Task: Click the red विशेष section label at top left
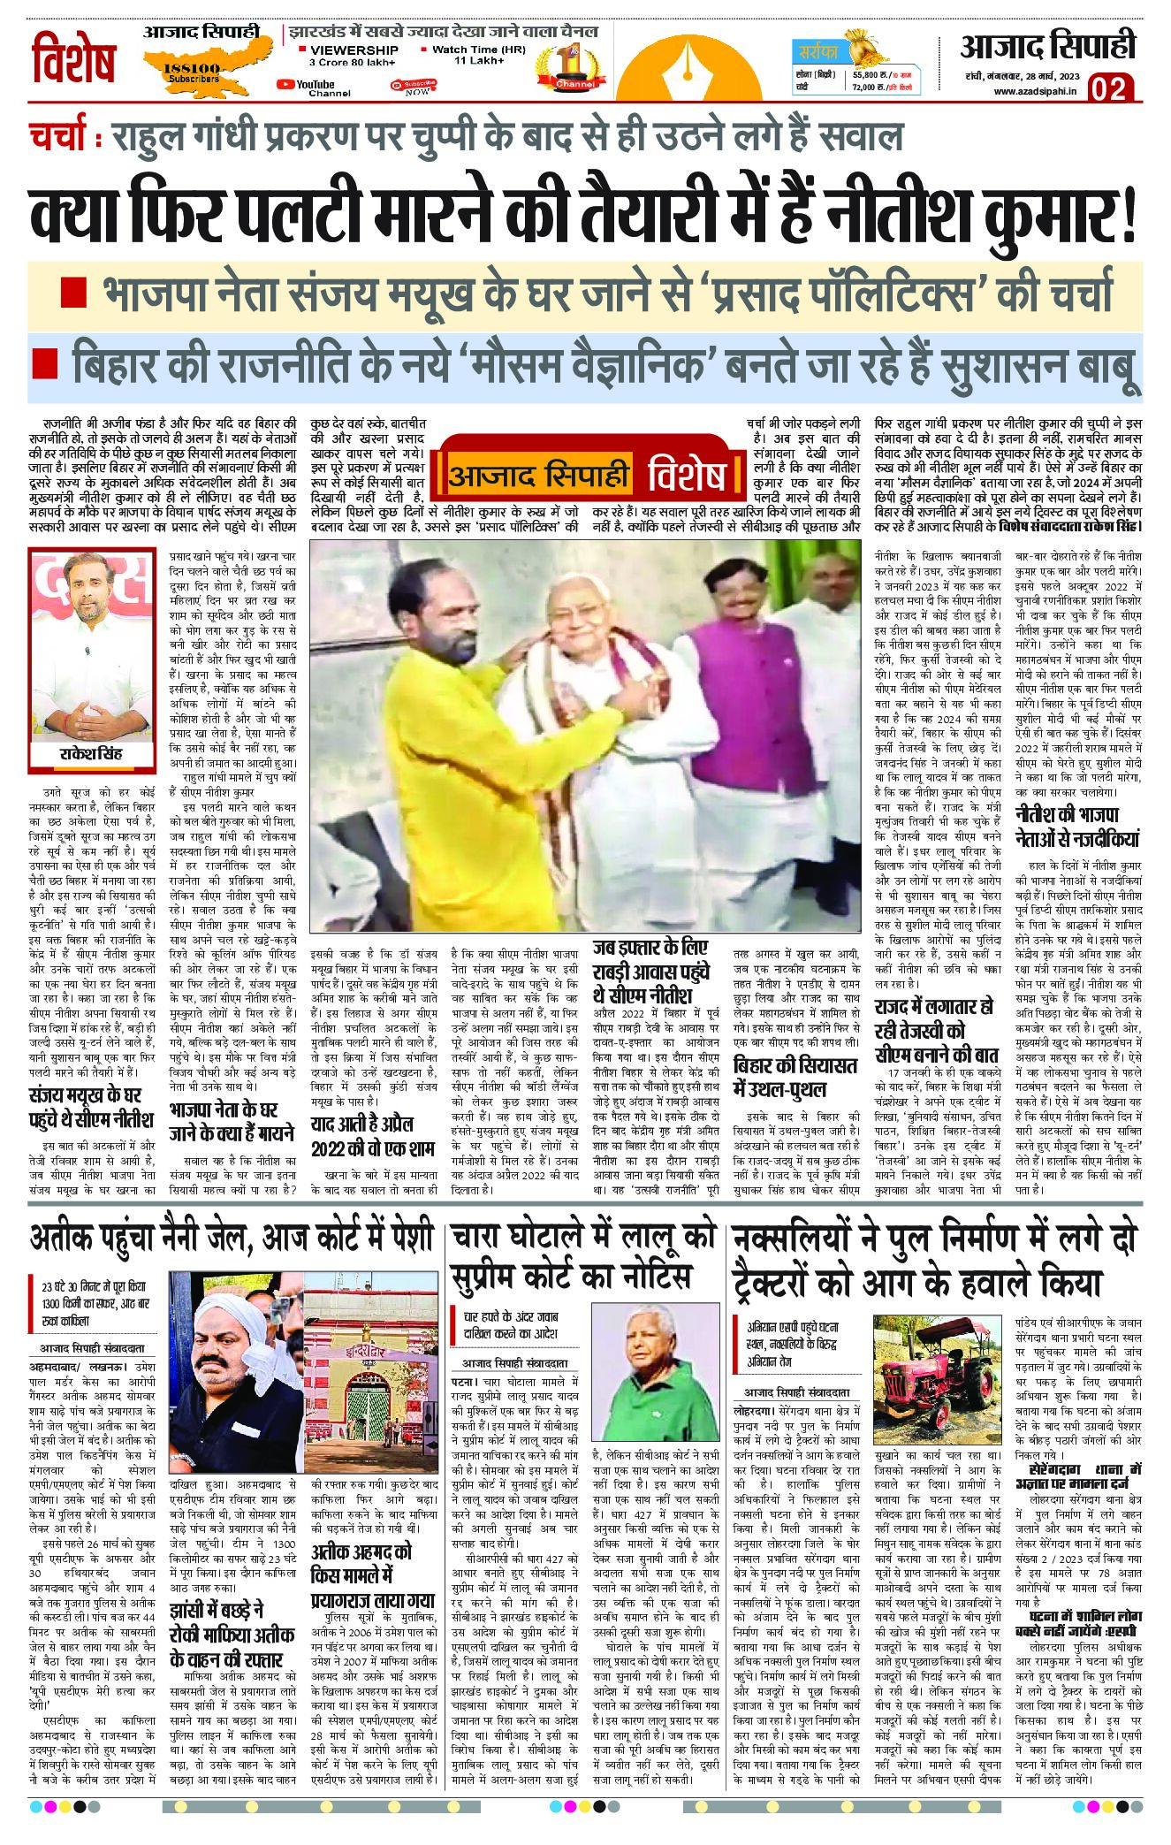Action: click(x=75, y=60)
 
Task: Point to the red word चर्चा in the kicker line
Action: click(x=57, y=139)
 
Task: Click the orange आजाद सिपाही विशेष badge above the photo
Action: click(x=587, y=474)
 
